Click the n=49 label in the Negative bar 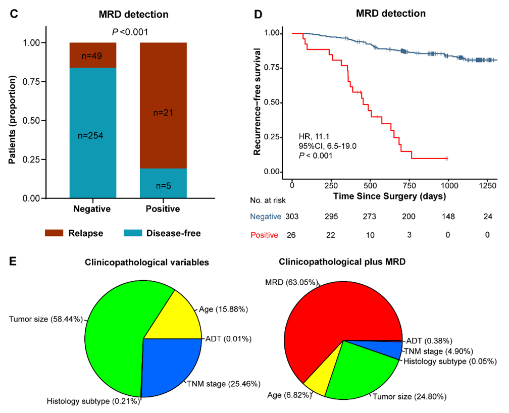point(93,56)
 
